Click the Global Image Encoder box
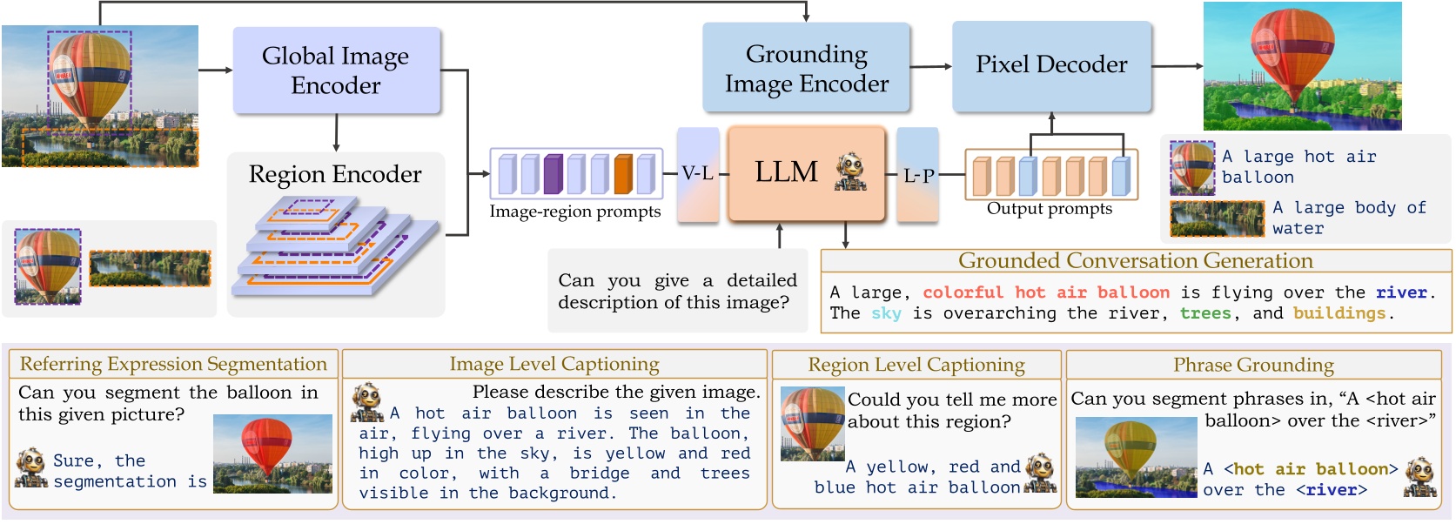(336, 71)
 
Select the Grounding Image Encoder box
(806, 69)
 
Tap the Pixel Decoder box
(1051, 65)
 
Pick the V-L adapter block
(698, 173)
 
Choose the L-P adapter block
(917, 174)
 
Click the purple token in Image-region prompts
(553, 173)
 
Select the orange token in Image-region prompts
(622, 173)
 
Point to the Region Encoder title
(335, 174)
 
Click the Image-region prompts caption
(574, 212)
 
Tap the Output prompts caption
(1049, 209)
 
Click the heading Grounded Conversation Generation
(1135, 260)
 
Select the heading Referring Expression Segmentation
(173, 364)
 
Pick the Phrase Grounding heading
(1253, 365)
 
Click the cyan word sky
(886, 313)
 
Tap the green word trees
(1205, 313)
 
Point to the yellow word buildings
(1339, 313)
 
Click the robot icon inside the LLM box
(850, 171)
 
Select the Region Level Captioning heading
(916, 365)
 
